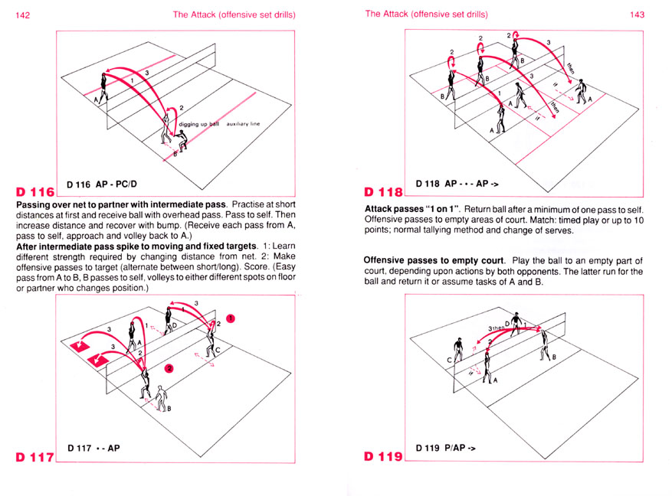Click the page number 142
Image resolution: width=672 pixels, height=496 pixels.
tap(24, 14)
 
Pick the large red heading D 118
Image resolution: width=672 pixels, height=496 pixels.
tap(383, 191)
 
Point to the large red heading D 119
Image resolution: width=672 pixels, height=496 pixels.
tap(383, 458)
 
